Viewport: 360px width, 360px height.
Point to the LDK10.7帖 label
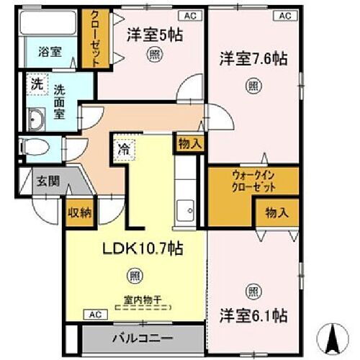142,249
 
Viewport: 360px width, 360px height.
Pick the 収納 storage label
79,212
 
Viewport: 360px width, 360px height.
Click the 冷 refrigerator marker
123,152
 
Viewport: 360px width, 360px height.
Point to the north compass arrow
333,335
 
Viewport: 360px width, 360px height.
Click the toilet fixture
35,148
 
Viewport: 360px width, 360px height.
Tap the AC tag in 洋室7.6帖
284,14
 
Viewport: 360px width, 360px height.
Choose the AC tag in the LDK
94,315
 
